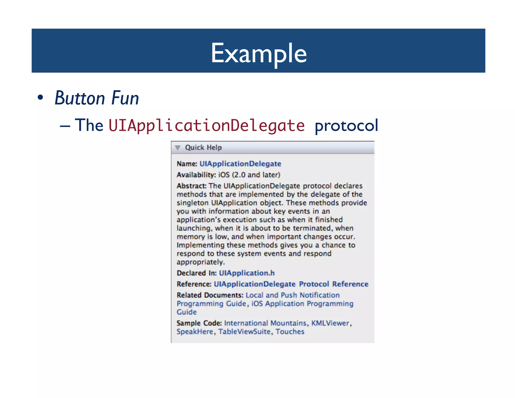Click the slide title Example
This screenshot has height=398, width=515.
[x=259, y=53]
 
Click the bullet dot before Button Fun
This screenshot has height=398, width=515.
[x=40, y=98]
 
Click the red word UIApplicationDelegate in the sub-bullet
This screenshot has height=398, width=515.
[x=206, y=125]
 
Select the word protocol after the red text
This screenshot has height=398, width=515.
[x=346, y=125]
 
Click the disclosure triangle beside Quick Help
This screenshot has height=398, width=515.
[x=178, y=148]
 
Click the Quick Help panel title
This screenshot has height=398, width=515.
[x=203, y=147]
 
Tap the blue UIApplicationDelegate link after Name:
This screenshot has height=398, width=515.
[x=240, y=164]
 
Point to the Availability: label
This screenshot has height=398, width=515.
[x=196, y=175]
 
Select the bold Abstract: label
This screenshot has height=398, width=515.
[x=191, y=186]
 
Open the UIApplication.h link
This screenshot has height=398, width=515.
[x=247, y=273]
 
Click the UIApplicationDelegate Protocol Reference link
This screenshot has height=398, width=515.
[x=291, y=284]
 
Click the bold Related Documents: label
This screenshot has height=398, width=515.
[x=210, y=295]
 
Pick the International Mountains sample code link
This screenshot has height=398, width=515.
[x=265, y=323]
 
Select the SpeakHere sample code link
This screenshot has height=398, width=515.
[x=195, y=332]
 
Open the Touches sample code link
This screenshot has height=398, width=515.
[x=290, y=332]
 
